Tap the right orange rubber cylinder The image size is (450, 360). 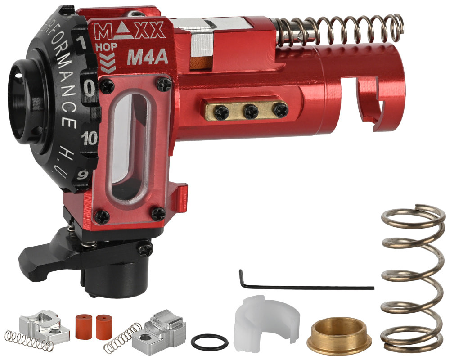tap(103, 322)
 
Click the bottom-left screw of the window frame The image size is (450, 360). tap(103, 216)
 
